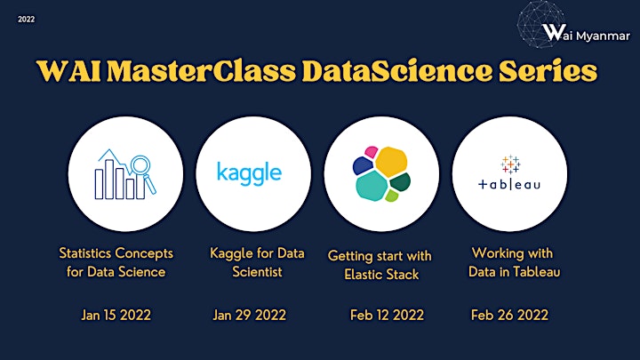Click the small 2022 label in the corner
[x=26, y=20]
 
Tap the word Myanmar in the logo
[x=603, y=36]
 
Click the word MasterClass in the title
[x=201, y=70]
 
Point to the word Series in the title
[x=548, y=70]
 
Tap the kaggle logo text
[x=249, y=173]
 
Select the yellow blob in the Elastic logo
[x=391, y=162]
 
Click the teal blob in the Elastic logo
[x=372, y=186]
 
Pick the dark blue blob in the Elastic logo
[x=363, y=165]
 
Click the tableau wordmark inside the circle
[x=509, y=185]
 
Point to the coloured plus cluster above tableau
[x=510, y=164]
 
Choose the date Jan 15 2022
[x=116, y=315]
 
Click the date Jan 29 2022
[x=250, y=315]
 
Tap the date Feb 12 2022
[x=387, y=315]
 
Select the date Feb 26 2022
[x=509, y=315]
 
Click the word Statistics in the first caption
[x=83, y=253]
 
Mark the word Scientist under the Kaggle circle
[x=257, y=272]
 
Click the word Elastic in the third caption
[x=360, y=275]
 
